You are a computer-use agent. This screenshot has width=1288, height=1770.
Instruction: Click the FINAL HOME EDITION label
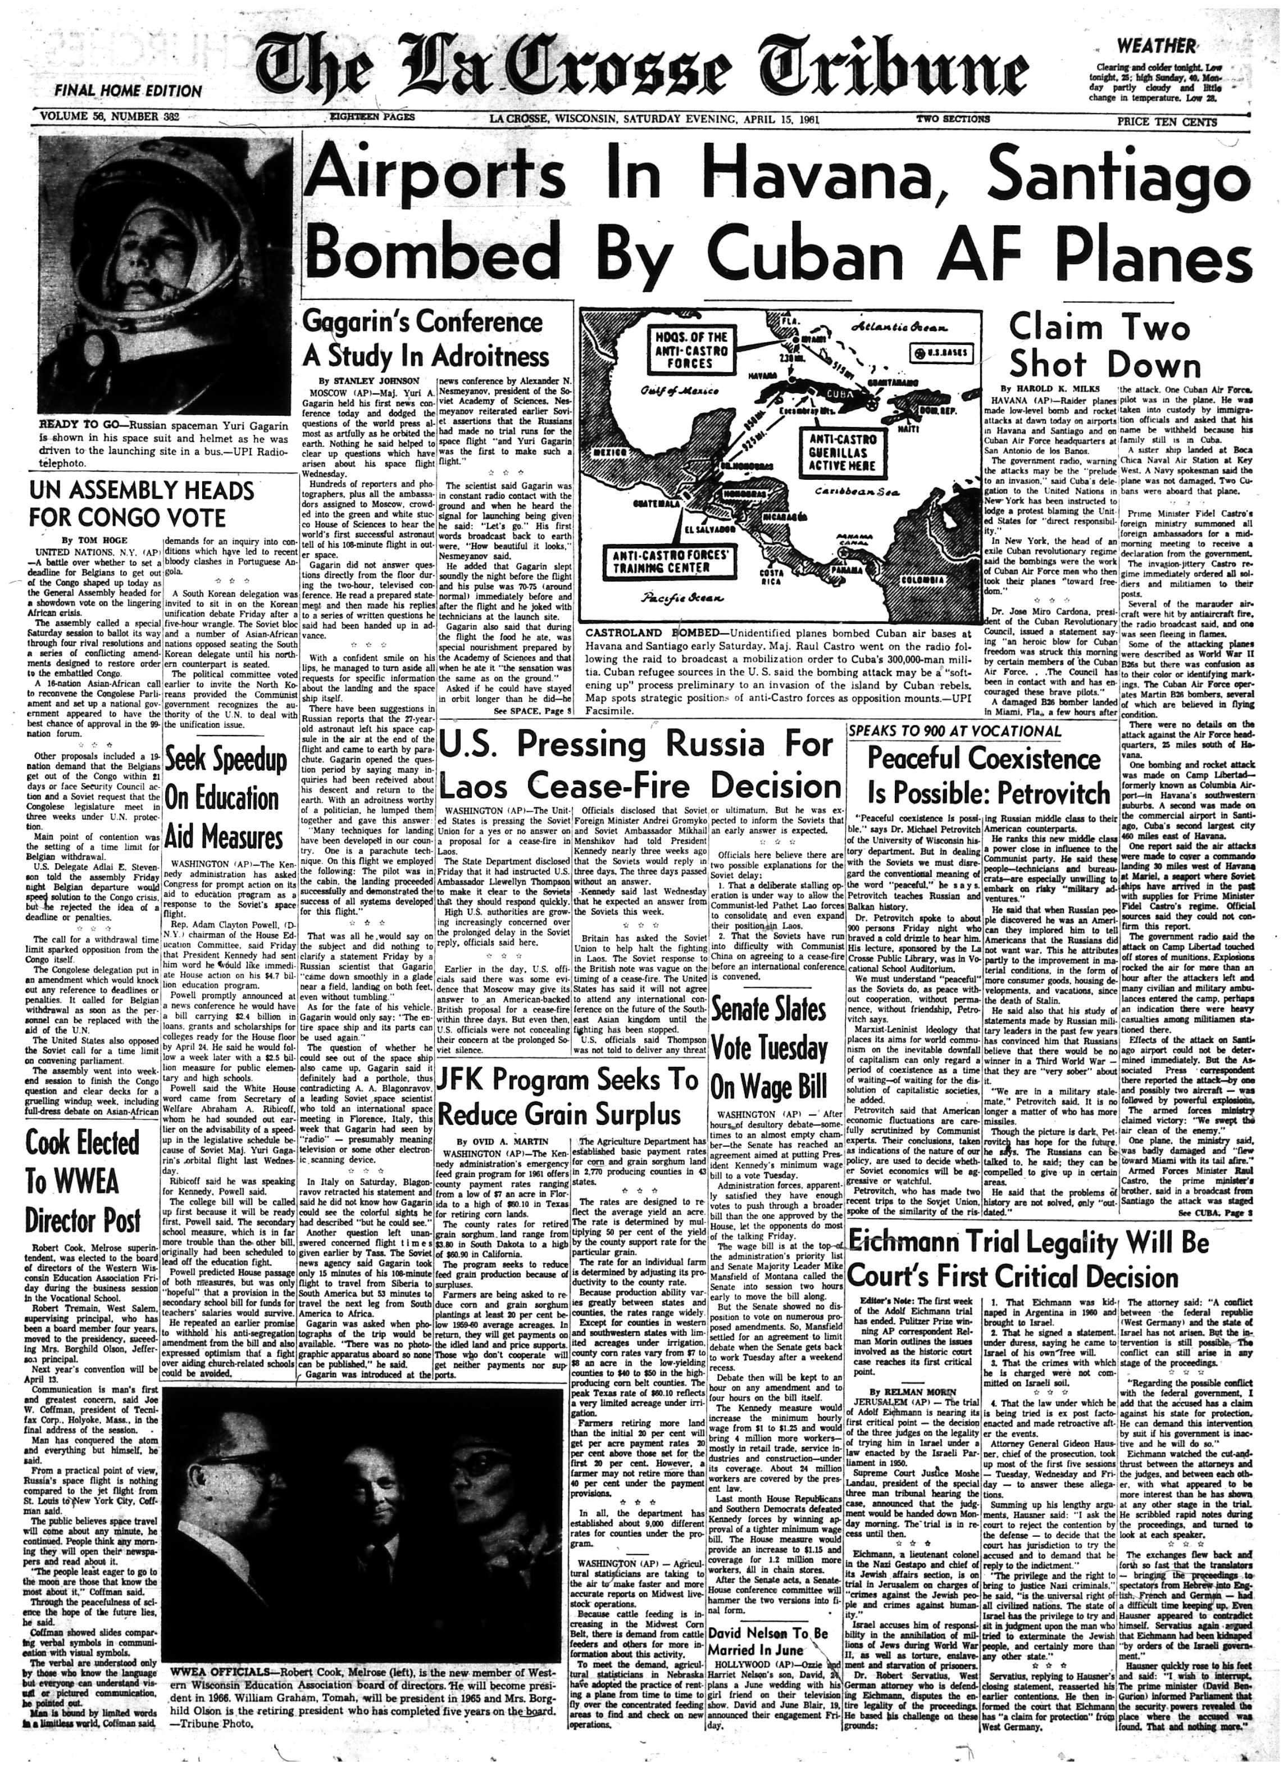coord(128,90)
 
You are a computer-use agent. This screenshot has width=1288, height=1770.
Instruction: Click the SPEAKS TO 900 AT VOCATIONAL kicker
coord(955,731)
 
